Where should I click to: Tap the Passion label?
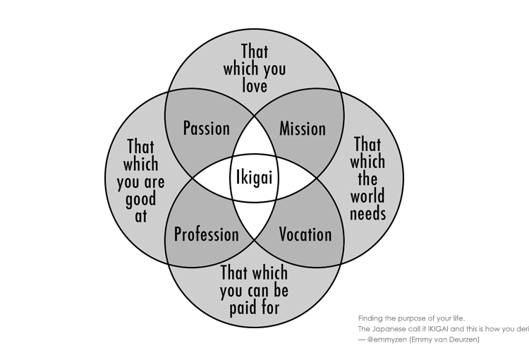point(206,128)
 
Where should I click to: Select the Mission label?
point(303,128)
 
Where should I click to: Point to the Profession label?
point(206,234)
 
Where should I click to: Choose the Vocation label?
point(305,234)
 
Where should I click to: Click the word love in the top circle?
point(255,86)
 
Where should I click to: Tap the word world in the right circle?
point(367,196)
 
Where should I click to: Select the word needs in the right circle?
point(367,212)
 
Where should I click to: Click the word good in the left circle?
point(141,199)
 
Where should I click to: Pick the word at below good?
point(141,217)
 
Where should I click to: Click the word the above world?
point(367,179)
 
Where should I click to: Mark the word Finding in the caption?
point(370,318)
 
